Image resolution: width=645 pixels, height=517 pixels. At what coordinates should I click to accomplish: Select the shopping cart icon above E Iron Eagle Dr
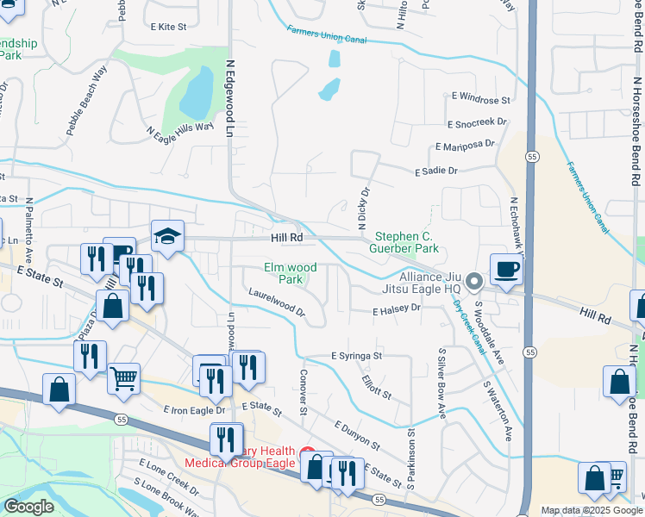click(x=124, y=377)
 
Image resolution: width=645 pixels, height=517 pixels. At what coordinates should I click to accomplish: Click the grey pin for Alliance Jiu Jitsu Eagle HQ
click(x=473, y=281)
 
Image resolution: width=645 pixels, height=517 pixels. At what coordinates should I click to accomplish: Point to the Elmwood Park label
click(x=284, y=273)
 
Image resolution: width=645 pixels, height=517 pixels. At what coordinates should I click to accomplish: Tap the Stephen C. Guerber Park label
click(x=406, y=242)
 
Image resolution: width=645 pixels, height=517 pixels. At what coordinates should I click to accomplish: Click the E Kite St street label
click(x=168, y=28)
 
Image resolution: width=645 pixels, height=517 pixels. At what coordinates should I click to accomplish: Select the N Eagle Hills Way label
click(x=179, y=133)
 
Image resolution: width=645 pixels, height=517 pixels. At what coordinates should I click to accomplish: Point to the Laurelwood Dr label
click(x=277, y=302)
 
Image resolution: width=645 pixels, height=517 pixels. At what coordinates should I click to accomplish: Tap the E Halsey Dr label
click(x=396, y=308)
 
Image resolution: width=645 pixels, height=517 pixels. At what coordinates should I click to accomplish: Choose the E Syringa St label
click(x=356, y=355)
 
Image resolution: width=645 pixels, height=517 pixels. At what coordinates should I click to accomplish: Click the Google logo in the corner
click(x=28, y=507)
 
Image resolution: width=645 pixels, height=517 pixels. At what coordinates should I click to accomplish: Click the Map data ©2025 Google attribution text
click(x=592, y=510)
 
